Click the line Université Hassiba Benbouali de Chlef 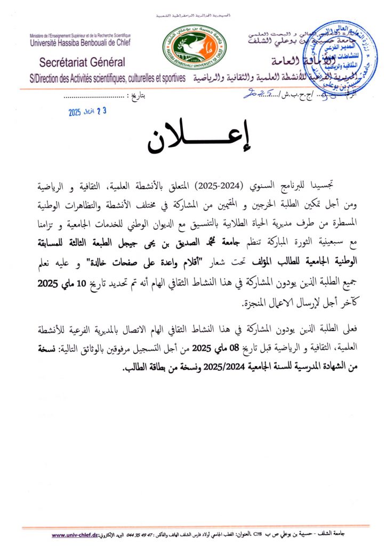81,42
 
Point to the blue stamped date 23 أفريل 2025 88,112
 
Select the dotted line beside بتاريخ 95,98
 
